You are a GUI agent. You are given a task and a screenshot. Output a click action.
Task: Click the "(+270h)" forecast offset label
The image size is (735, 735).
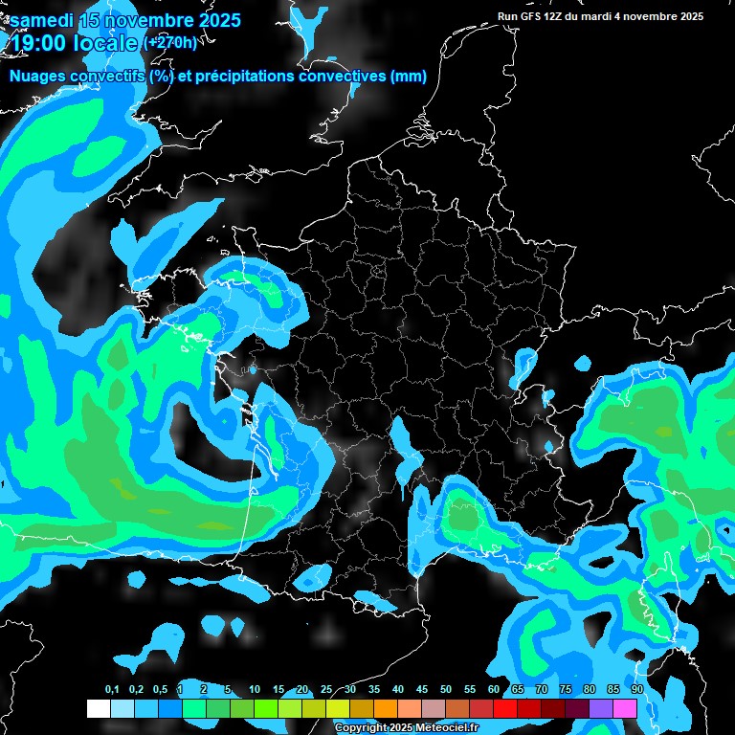[170, 42]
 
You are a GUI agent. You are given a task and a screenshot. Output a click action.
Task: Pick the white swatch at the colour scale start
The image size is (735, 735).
[99, 708]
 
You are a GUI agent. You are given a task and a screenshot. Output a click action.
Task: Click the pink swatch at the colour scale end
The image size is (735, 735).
[625, 708]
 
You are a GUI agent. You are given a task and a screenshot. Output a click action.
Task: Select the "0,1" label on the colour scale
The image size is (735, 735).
[112, 690]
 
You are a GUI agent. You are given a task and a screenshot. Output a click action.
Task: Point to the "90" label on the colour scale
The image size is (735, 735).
[636, 690]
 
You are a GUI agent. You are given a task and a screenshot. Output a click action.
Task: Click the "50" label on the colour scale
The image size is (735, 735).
[446, 690]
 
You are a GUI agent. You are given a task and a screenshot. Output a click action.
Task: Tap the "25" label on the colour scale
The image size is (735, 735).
[326, 690]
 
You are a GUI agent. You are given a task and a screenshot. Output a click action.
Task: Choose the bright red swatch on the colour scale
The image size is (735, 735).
[505, 708]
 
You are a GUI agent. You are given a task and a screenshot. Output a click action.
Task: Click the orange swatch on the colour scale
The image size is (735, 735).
[386, 708]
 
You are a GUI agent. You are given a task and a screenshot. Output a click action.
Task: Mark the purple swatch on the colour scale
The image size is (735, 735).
[601, 708]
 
